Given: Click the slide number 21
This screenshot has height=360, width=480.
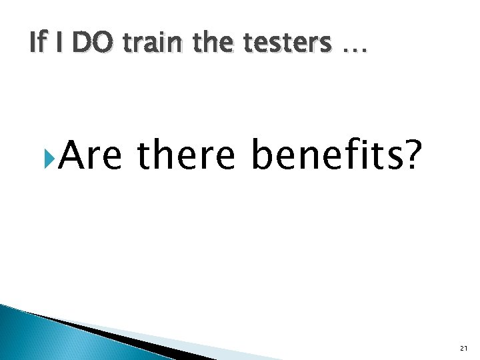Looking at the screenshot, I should [464, 348].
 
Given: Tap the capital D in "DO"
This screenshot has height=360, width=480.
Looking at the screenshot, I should [79, 43].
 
